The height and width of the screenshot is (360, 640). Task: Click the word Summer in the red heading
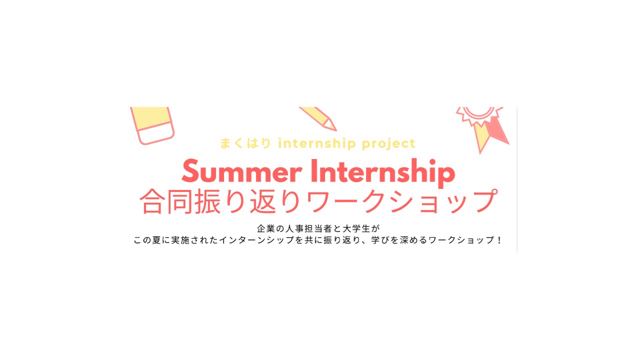click(241, 171)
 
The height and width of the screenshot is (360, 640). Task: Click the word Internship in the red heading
click(383, 173)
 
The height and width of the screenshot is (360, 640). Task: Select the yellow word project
click(388, 144)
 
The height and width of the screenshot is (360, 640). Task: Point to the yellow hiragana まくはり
click(245, 143)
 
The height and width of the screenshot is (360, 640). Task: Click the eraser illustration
click(152, 125)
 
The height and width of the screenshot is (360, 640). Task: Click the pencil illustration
click(317, 118)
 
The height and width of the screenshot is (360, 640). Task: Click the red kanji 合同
click(165, 201)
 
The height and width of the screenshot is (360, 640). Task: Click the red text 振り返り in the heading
click(247, 201)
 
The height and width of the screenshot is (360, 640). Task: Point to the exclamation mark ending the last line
click(499, 240)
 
